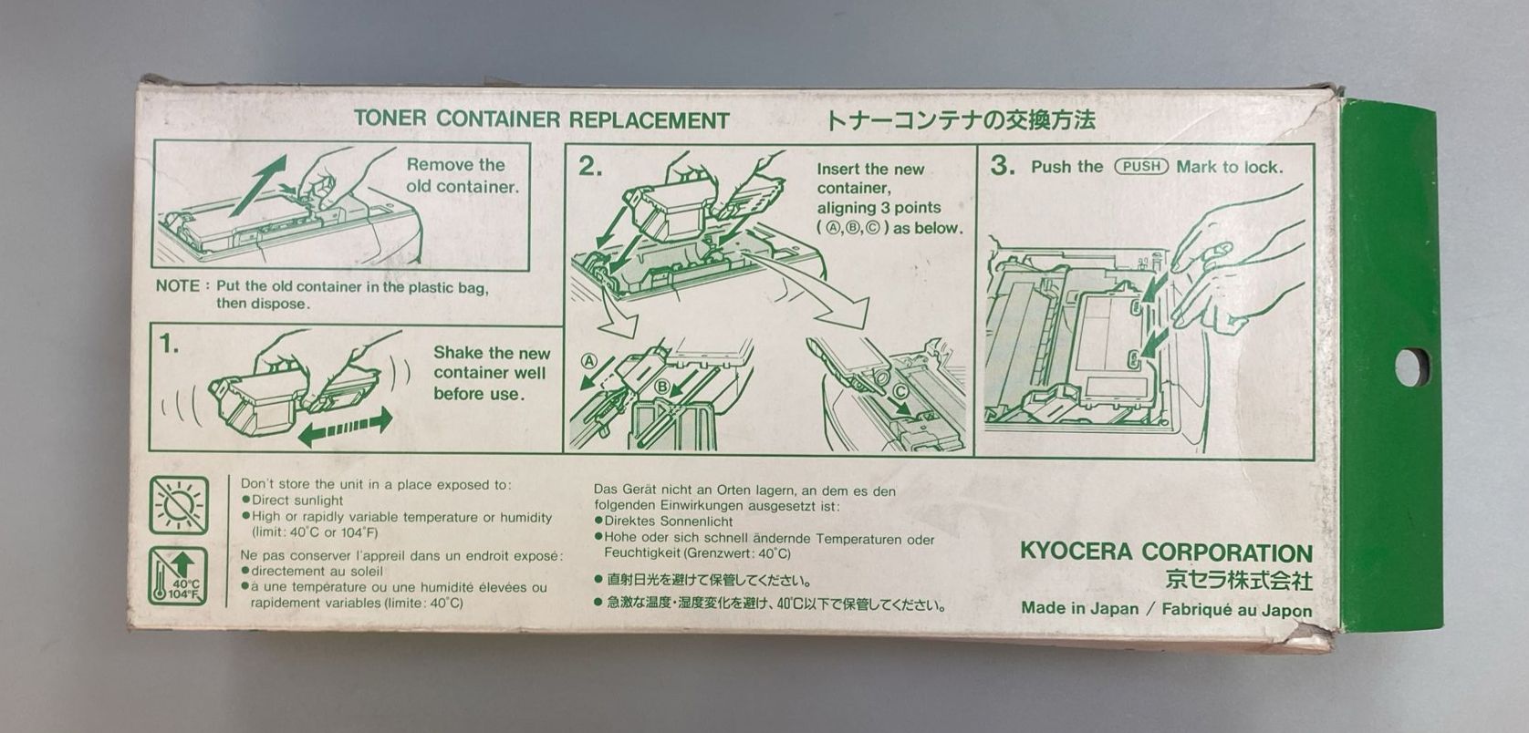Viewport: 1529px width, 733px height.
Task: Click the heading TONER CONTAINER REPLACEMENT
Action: [x=541, y=119]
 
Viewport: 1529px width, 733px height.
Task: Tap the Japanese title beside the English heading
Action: [x=961, y=120]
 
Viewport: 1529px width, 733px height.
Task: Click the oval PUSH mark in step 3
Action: [x=1141, y=166]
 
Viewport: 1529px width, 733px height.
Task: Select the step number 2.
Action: [x=590, y=166]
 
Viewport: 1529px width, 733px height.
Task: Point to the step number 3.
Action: [x=1003, y=165]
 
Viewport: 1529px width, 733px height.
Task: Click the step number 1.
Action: [x=170, y=346]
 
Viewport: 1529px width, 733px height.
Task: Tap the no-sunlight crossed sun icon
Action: [x=179, y=505]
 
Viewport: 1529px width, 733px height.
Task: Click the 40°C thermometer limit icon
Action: [x=178, y=576]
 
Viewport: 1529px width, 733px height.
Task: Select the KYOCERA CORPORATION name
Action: [x=1166, y=552]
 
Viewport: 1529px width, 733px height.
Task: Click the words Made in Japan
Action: [x=1080, y=608]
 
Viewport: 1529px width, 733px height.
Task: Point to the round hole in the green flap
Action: [x=1412, y=367]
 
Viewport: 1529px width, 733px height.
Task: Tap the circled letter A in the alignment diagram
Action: [x=588, y=361]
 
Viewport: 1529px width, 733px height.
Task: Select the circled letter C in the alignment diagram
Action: [x=900, y=391]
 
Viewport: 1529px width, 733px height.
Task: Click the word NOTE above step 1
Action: [x=178, y=285]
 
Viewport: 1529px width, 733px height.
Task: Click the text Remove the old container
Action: [x=463, y=176]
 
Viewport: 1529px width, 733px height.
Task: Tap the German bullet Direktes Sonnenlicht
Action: [x=663, y=521]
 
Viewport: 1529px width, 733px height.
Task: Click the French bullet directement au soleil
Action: [x=312, y=572]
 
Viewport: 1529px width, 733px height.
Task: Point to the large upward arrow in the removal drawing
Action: [x=258, y=184]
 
